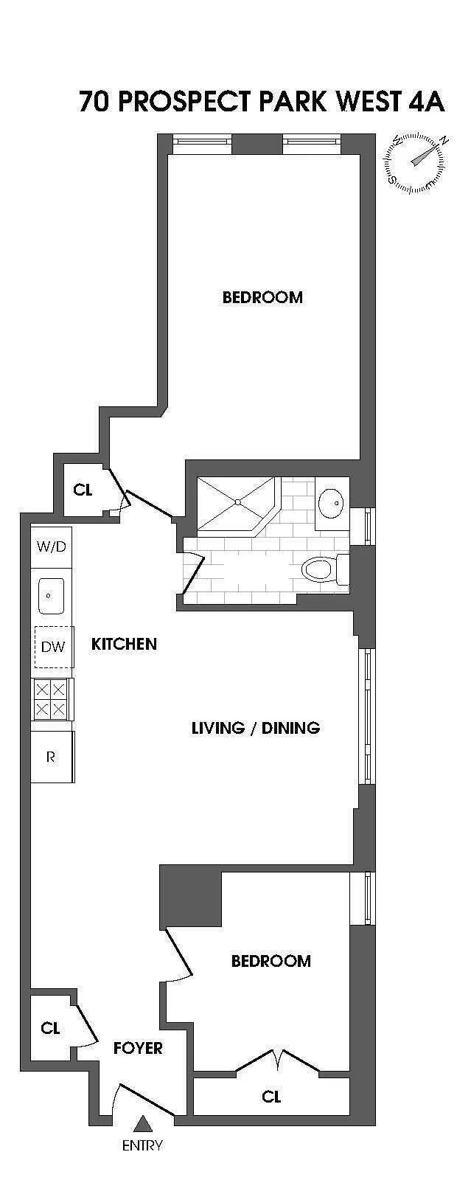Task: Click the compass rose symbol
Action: pyautogui.click(x=415, y=162)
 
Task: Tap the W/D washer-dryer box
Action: pyautogui.click(x=52, y=546)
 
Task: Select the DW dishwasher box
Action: pyautogui.click(x=53, y=647)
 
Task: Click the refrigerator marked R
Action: pyautogui.click(x=51, y=757)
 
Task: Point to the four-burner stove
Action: pyautogui.click(x=51, y=700)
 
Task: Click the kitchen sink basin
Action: pyautogui.click(x=51, y=595)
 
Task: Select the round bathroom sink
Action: pyautogui.click(x=331, y=503)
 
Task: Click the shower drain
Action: pyautogui.click(x=237, y=502)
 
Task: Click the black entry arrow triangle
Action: pyautogui.click(x=142, y=1124)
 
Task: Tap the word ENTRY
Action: pyautogui.click(x=142, y=1145)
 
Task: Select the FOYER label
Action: pyautogui.click(x=138, y=1048)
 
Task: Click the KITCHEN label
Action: pyautogui.click(x=124, y=644)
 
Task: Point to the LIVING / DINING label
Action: pyautogui.click(x=255, y=728)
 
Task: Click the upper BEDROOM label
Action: pyautogui.click(x=262, y=297)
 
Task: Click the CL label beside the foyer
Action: pyautogui.click(x=50, y=1028)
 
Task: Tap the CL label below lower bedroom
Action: pyautogui.click(x=271, y=1097)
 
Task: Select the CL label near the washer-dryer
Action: pyautogui.click(x=83, y=490)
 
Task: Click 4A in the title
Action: pyautogui.click(x=425, y=102)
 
